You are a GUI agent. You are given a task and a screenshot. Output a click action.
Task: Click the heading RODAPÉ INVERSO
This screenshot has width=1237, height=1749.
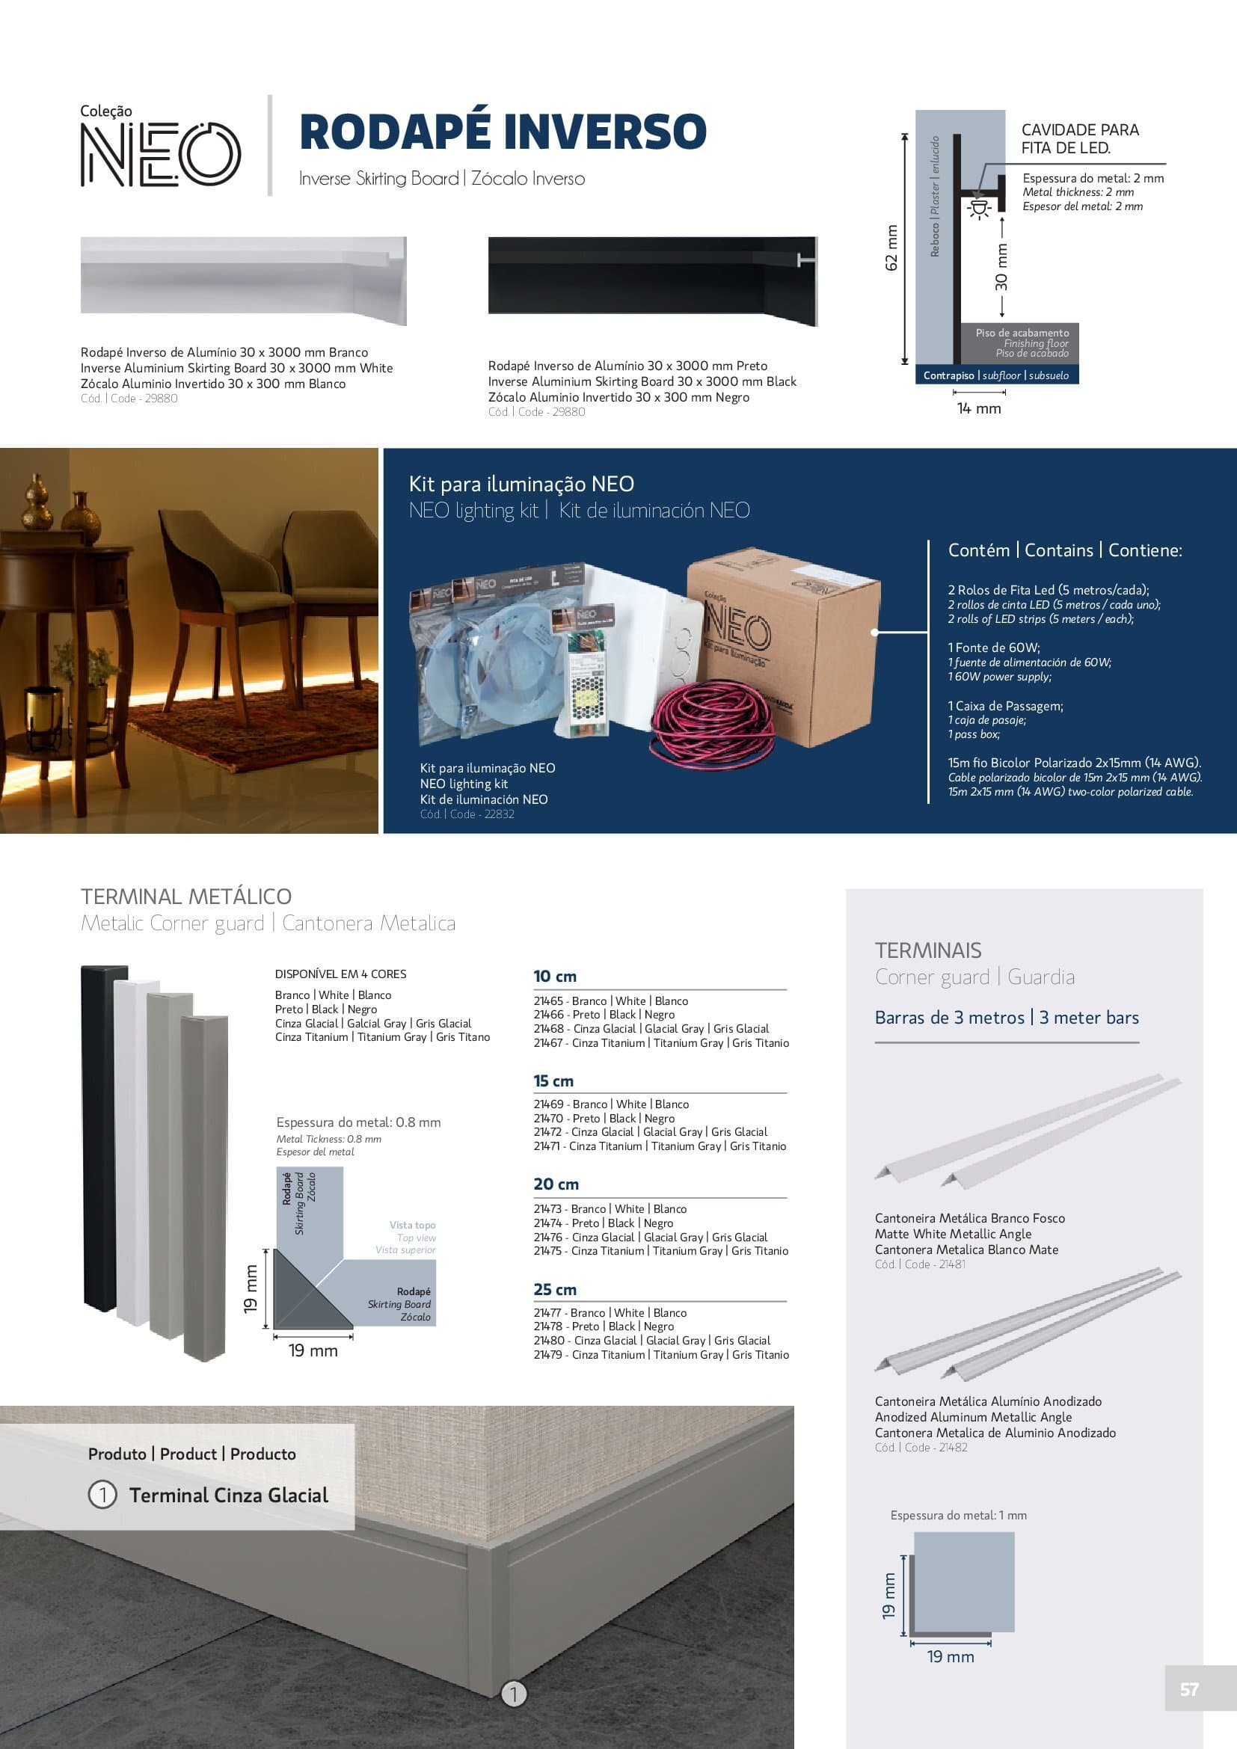(503, 132)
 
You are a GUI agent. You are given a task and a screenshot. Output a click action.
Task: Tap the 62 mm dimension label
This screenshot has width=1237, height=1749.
(891, 248)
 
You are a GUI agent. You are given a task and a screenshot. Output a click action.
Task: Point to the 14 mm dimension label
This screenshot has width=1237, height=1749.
(979, 409)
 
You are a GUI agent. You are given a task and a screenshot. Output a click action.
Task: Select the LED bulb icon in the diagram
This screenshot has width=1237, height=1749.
(978, 207)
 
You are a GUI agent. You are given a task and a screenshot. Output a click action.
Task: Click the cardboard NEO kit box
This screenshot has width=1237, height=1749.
(785, 648)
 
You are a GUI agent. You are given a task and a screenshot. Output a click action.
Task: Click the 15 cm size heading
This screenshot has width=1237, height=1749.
(553, 1081)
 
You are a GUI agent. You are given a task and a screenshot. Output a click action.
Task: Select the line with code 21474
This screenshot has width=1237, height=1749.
(604, 1223)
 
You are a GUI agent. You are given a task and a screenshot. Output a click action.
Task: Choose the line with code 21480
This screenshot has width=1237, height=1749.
(652, 1341)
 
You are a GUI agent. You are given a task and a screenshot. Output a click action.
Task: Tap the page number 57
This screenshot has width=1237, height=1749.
(1189, 1690)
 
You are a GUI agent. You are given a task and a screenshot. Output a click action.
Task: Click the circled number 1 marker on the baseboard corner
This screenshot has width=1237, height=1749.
(514, 1694)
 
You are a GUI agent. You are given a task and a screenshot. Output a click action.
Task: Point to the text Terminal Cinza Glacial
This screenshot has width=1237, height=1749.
(229, 1496)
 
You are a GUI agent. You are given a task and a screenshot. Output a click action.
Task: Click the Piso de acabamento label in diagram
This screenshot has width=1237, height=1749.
(1022, 333)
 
